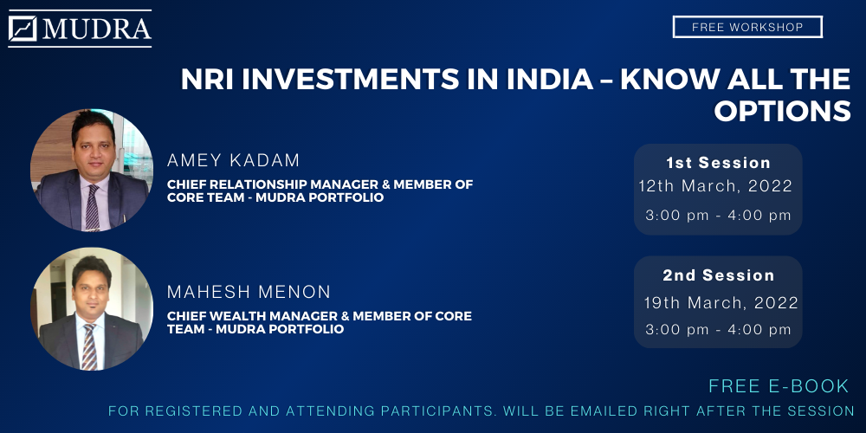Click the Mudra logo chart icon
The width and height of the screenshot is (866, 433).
[23, 29]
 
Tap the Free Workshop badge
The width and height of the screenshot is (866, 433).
[747, 27]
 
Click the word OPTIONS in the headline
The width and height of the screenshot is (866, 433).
[782, 111]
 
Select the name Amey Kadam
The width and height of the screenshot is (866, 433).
[233, 161]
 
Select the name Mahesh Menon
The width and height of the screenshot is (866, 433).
[249, 292]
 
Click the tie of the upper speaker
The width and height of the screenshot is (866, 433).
[92, 206]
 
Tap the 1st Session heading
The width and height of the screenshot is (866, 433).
[718, 163]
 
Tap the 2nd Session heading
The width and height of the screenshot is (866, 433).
[719, 275]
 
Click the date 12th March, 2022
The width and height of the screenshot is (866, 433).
[716, 186]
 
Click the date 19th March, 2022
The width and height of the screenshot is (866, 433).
[721, 302]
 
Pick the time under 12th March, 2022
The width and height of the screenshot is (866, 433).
[718, 216]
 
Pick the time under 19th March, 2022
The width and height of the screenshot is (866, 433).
[718, 330]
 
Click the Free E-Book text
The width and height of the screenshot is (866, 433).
[779, 386]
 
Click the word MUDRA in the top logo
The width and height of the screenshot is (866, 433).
[97, 29]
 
